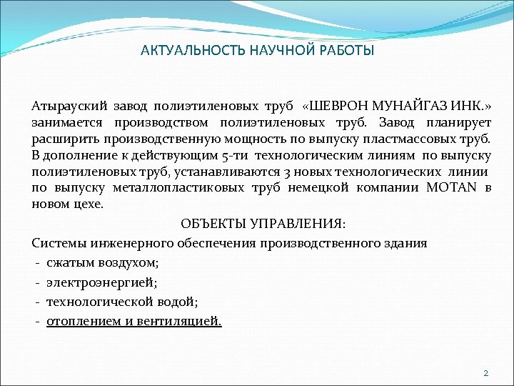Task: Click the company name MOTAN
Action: (453, 188)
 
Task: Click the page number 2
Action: (485, 373)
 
